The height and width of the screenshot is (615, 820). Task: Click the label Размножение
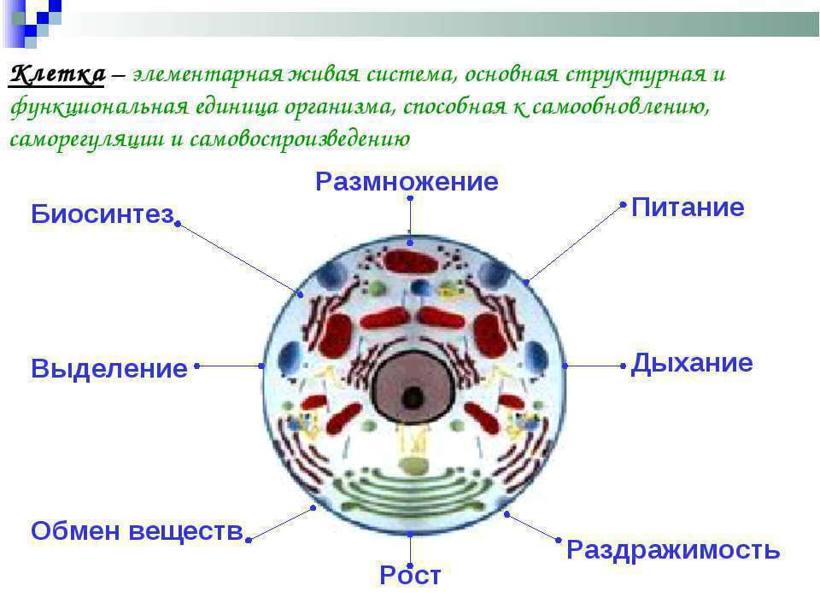point(407,181)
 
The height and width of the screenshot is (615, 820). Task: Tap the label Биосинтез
point(102,214)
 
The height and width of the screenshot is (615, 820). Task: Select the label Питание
point(688,207)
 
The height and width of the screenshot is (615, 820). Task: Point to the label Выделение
point(109,368)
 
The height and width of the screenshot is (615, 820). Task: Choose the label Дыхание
point(692,363)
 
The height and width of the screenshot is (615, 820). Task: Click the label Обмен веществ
point(138,530)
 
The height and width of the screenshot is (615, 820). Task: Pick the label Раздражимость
point(674,550)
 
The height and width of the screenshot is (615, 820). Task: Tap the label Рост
point(410,575)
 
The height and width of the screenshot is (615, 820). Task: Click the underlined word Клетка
point(57,74)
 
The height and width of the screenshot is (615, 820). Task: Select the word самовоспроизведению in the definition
point(300,139)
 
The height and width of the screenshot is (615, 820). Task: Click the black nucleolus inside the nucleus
point(413,399)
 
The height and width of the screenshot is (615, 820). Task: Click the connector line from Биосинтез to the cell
point(239,259)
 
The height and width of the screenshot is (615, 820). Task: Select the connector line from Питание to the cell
point(575,243)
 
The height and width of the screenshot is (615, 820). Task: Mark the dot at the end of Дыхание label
point(623,366)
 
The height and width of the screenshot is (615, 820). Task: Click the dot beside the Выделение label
point(197,366)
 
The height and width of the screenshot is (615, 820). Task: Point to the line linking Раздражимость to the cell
point(532,527)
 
